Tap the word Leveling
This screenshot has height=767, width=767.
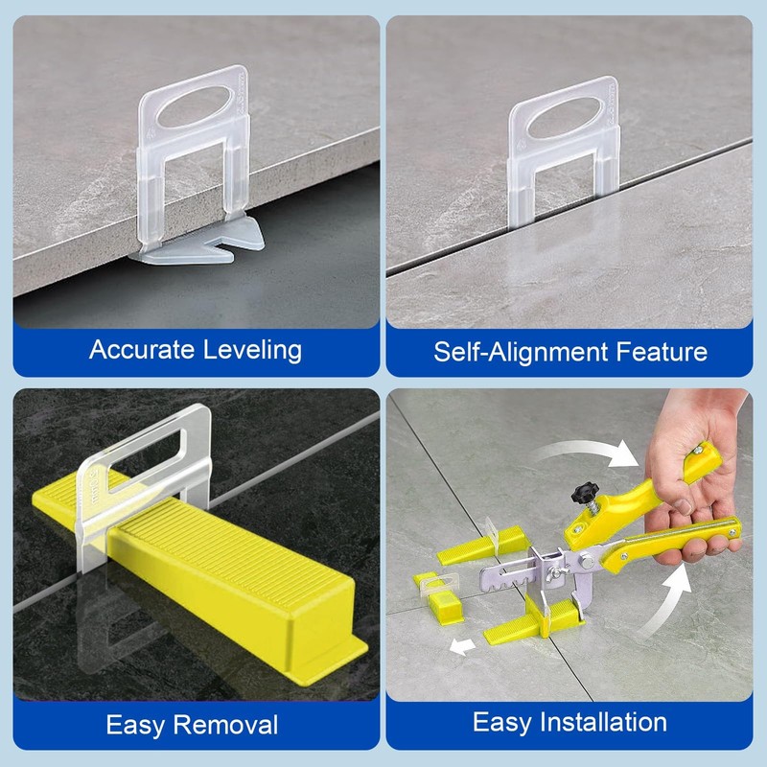254,349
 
